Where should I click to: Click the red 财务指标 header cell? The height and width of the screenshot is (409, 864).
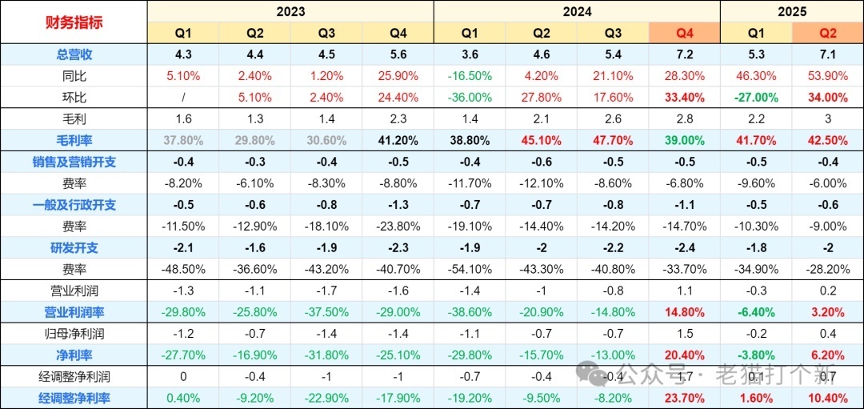coord(73,22)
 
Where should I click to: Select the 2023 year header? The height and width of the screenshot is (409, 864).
coord(290,11)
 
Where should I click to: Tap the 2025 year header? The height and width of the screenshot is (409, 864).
coord(791,11)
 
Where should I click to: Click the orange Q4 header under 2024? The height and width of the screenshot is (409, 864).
coord(684,33)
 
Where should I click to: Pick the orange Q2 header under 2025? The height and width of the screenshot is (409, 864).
coord(827,33)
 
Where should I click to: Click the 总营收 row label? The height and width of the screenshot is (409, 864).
coord(73,54)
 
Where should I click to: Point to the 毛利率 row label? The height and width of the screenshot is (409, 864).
coord(73,140)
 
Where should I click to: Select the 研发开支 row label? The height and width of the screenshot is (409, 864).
coord(73,247)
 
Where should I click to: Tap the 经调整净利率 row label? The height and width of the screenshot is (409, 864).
coord(73,398)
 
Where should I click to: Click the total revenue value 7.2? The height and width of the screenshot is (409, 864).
coord(684,54)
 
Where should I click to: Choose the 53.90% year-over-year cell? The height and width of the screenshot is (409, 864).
coord(827,76)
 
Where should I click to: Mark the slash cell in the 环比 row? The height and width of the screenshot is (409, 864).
coord(183,97)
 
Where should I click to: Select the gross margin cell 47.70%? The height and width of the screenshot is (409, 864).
coord(612,140)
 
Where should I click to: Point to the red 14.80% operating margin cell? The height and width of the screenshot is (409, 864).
coord(684,312)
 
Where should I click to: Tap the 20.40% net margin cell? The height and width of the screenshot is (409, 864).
coord(684,355)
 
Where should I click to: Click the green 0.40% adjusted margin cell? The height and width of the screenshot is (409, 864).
coord(183,398)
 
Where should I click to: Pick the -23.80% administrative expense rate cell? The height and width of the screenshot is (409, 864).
coord(398,226)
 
